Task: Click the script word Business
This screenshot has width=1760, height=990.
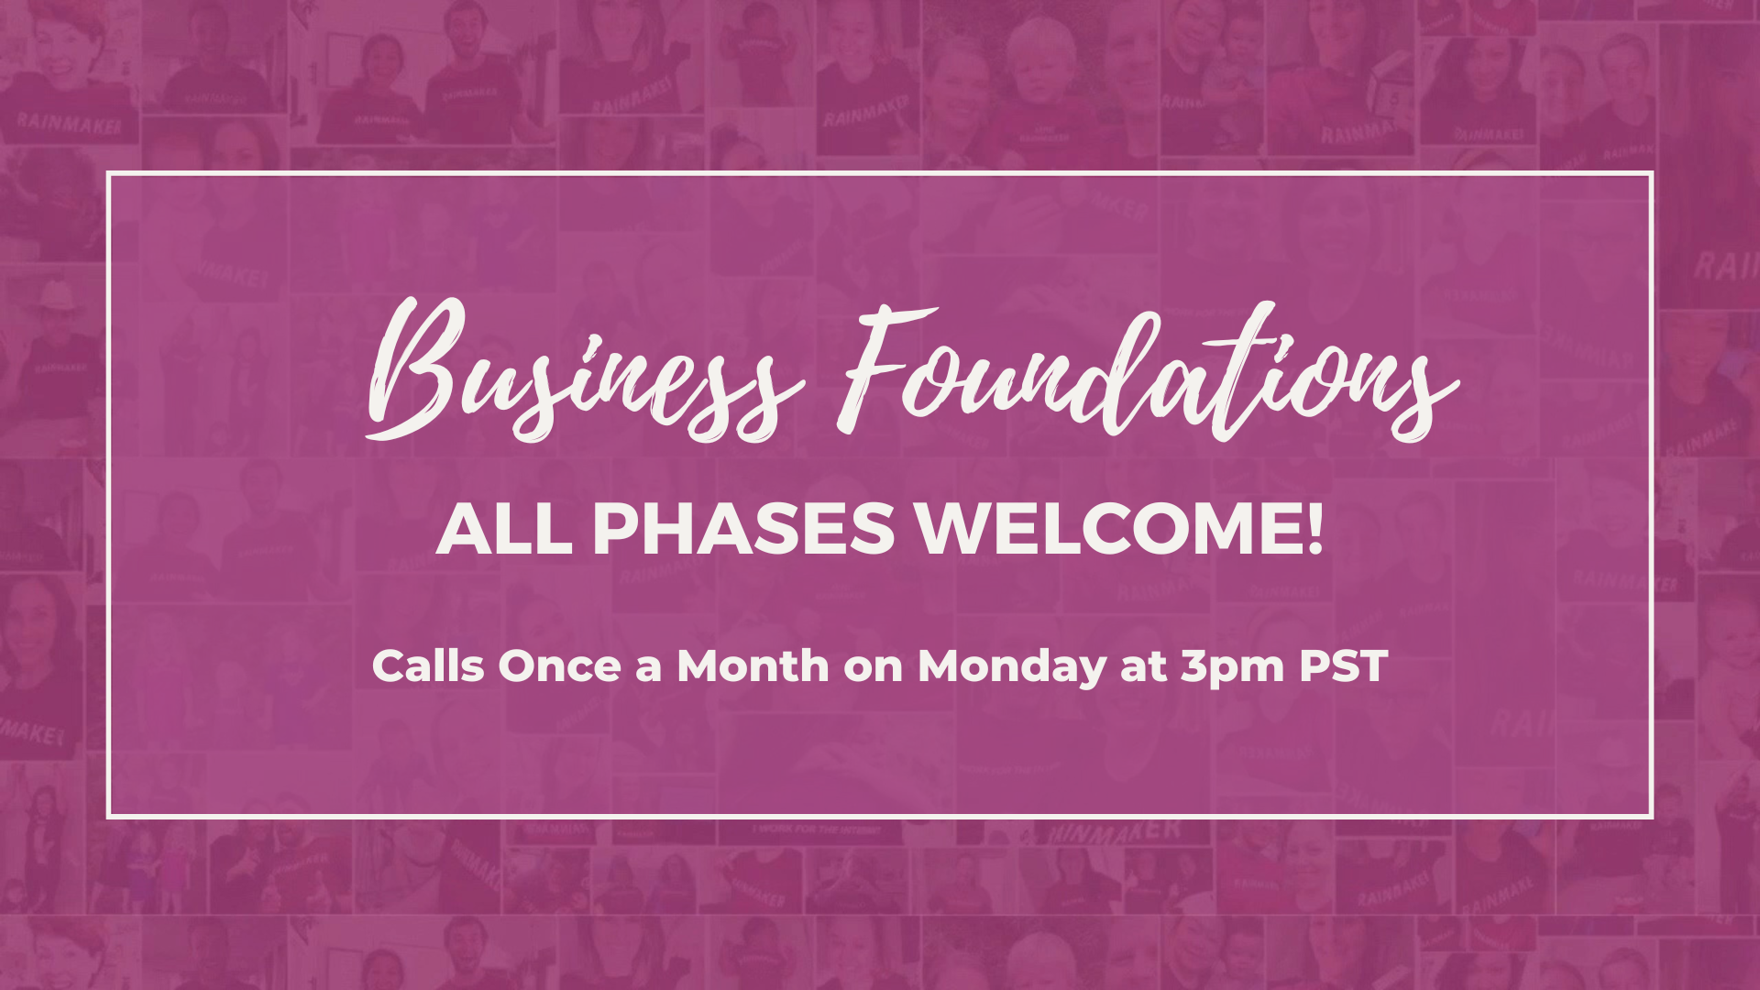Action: point(587,371)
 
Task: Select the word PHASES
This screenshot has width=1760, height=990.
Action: point(742,529)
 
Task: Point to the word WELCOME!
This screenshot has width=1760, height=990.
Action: point(1121,529)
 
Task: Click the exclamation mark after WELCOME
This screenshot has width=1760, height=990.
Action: point(1314,529)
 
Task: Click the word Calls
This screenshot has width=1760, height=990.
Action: point(428,666)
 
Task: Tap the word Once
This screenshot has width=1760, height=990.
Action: point(560,666)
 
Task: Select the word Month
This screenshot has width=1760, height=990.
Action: point(753,666)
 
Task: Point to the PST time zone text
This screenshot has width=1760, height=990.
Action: point(1343,666)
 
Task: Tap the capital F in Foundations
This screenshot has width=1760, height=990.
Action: point(885,367)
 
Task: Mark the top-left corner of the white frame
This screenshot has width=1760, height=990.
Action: point(108,172)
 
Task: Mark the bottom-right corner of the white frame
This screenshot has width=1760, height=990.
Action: point(1652,817)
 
